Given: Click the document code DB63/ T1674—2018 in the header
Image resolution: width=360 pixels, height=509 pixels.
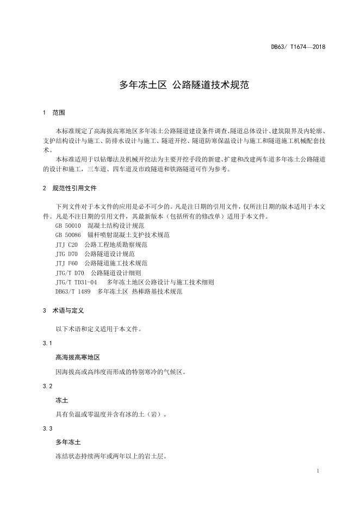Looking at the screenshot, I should [x=298, y=47].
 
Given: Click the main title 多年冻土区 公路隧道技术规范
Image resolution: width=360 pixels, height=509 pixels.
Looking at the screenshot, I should [x=179, y=85].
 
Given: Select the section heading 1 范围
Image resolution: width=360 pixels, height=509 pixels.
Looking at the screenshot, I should [x=53, y=113].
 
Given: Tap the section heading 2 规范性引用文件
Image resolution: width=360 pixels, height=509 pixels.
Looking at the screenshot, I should [x=69, y=188].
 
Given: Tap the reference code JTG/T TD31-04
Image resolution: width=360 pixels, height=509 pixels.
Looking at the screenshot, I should [x=76, y=282].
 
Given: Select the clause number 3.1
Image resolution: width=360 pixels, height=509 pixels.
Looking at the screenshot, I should [x=47, y=344].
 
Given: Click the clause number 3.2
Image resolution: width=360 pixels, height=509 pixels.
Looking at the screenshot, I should [x=47, y=386].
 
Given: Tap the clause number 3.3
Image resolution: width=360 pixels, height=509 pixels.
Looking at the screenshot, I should [x=47, y=429].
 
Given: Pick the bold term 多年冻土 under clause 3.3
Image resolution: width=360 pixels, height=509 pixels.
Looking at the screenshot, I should [x=68, y=442].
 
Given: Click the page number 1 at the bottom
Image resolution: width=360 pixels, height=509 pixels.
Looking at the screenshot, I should [x=317, y=470].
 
